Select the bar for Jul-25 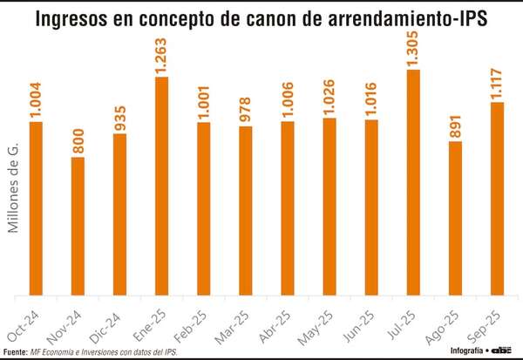tap(413, 183)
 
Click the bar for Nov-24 tap(78, 227)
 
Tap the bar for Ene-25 tap(162, 187)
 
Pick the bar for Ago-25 tap(455, 218)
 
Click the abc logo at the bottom tap(503, 350)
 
